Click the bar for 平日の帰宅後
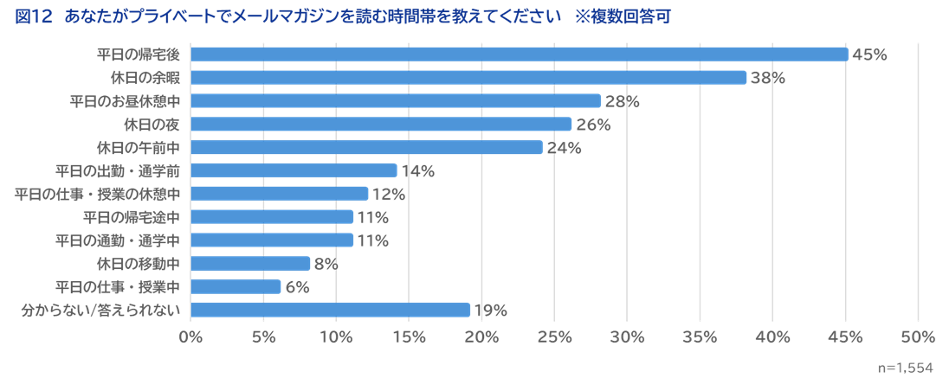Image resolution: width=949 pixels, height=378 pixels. pyautogui.click(x=519, y=54)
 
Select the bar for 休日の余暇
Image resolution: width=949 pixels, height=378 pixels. pyautogui.click(x=468, y=78)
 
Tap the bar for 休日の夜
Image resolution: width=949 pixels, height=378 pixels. pyautogui.click(x=381, y=124)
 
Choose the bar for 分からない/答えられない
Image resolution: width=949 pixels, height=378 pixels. pyautogui.click(x=330, y=310)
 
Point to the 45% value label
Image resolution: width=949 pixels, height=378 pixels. pyautogui.click(x=869, y=54)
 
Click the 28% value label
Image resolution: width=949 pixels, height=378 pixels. pyautogui.click(x=622, y=101)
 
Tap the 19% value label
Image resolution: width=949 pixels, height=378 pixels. pyautogui.click(x=490, y=310)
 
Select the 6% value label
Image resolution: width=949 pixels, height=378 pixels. pyautogui.click(x=297, y=286)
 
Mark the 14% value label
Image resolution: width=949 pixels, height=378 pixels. pyautogui.click(x=417, y=170)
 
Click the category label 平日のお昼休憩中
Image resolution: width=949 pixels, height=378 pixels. pyautogui.click(x=125, y=101)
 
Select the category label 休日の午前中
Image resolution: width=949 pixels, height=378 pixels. pyautogui.click(x=139, y=147)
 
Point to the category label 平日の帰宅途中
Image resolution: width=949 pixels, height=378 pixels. pyautogui.click(x=132, y=216)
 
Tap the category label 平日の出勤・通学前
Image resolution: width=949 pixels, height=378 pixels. pyautogui.click(x=118, y=170)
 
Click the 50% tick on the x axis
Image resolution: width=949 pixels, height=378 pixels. pyautogui.click(x=918, y=336)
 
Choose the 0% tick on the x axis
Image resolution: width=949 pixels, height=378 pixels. pyautogui.click(x=190, y=336)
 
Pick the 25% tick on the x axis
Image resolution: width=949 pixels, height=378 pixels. pyautogui.click(x=554, y=336)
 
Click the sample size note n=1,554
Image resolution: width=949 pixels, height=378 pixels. pyautogui.click(x=905, y=367)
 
